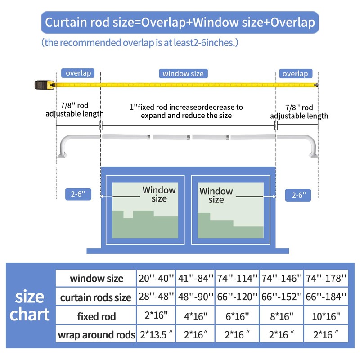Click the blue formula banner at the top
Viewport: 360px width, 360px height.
[x=180, y=22]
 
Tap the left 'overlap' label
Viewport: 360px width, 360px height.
[x=78, y=73]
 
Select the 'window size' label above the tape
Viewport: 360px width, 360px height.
[x=183, y=73]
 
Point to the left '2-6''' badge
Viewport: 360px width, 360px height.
[x=78, y=194]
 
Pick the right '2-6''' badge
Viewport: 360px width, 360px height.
[x=298, y=195]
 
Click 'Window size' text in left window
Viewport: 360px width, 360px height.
[x=159, y=194]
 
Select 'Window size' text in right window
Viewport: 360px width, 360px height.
[x=216, y=195]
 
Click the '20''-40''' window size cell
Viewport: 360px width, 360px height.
[x=156, y=278]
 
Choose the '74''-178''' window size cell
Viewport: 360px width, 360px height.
[x=326, y=278]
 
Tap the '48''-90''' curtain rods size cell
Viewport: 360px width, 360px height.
[x=196, y=297]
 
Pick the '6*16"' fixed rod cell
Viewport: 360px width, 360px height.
[x=237, y=316]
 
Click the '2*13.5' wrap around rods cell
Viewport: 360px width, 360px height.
[x=156, y=334]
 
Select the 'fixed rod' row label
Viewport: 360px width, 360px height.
[x=96, y=316]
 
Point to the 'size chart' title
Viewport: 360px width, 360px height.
[x=30, y=306]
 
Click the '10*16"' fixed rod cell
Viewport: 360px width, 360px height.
[x=326, y=316]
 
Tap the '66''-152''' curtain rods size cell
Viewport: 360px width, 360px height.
[x=282, y=297]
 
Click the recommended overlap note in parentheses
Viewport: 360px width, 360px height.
[x=140, y=43]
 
